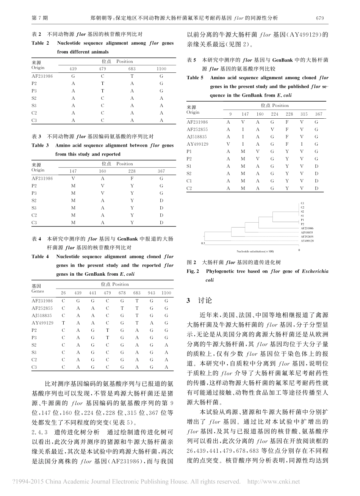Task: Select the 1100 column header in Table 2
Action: [161, 69]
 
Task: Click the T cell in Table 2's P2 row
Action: [102, 83]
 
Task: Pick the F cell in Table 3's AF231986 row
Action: [132, 178]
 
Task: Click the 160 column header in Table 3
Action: [102, 171]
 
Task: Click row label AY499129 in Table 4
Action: [42, 323]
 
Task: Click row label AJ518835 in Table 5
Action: [197, 137]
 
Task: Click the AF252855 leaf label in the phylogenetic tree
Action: [307, 236]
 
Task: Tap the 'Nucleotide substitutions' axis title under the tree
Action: [255, 251]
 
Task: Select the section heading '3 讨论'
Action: [199, 301]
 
